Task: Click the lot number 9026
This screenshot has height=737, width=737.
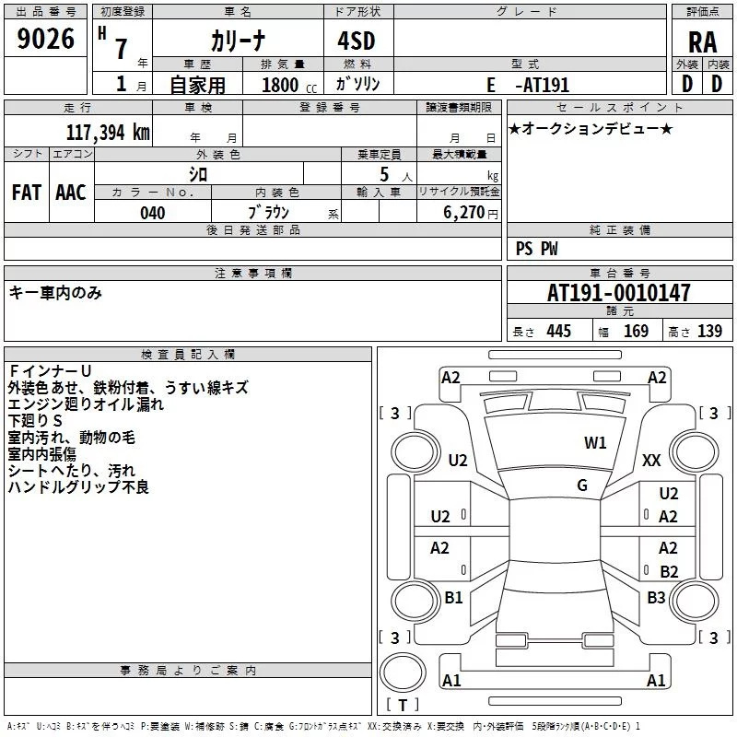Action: [x=45, y=39]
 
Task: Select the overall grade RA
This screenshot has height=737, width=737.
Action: [x=703, y=42]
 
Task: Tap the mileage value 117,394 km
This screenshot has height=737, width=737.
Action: [x=108, y=133]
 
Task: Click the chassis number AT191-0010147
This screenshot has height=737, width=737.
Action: [x=619, y=293]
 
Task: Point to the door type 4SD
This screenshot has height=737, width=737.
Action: [x=357, y=41]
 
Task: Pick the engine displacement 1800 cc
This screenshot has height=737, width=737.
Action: [x=289, y=85]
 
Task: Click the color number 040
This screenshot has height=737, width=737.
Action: [x=153, y=213]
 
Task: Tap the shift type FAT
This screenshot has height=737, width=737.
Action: [x=27, y=193]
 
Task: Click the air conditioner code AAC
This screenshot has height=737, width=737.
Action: [x=71, y=193]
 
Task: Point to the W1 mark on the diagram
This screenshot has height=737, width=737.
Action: [x=595, y=443]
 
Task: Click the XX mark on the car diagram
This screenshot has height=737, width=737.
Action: [x=651, y=460]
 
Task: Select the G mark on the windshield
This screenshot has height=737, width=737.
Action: [x=582, y=485]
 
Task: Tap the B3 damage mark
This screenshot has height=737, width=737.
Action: [x=656, y=598]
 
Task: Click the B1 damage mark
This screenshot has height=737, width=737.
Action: [x=453, y=597]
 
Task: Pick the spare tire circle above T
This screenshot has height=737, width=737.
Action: [x=403, y=673]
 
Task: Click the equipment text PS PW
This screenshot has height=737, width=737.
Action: [x=536, y=249]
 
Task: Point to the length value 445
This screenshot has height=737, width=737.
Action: [x=559, y=331]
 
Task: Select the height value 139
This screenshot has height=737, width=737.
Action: [x=709, y=331]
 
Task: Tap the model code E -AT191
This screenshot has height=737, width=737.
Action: [x=528, y=85]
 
